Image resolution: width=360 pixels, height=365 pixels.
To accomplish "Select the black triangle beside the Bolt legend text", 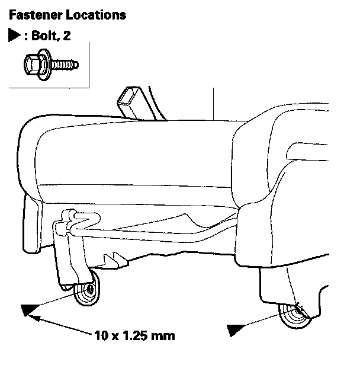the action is pyautogui.click(x=14, y=36).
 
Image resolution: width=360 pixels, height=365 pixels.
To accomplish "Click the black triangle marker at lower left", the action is pyautogui.click(x=27, y=309).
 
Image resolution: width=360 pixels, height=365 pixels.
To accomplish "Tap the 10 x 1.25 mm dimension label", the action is pyautogui.click(x=134, y=337).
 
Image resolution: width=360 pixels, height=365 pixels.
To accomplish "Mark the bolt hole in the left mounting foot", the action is pyautogui.click(x=88, y=291).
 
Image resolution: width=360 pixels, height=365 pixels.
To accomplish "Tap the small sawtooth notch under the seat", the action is pyautogui.click(x=112, y=258).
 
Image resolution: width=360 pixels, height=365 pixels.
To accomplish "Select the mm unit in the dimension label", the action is pyautogui.click(x=162, y=337).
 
